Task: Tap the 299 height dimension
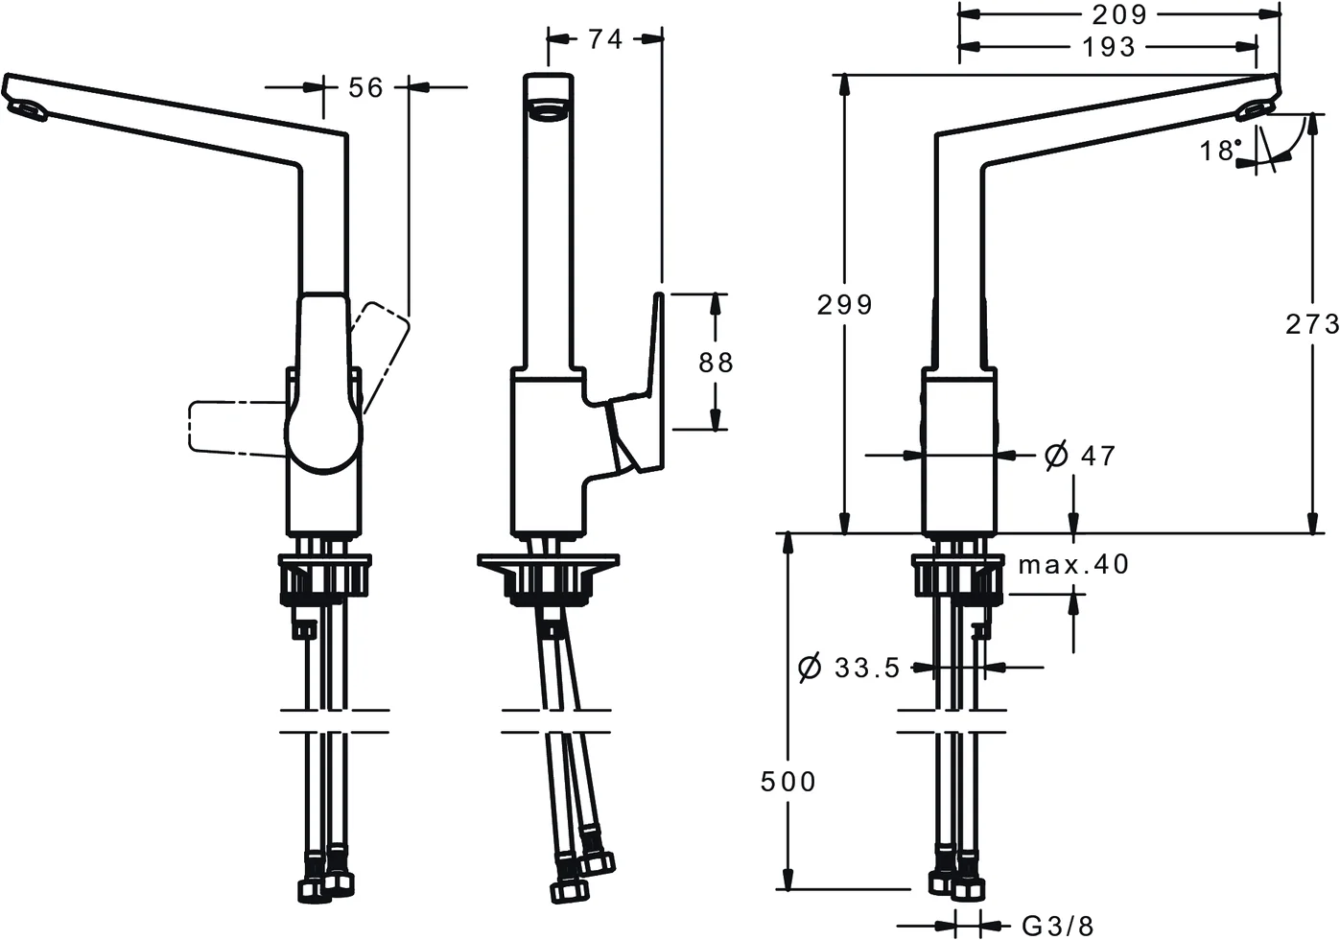pyautogui.click(x=844, y=304)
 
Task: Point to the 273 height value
pyautogui.click(x=1311, y=324)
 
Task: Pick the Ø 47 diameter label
pyautogui.click(x=1080, y=455)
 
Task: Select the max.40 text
pyautogui.click(x=1073, y=564)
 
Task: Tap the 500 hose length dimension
pyautogui.click(x=788, y=782)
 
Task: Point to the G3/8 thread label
pyautogui.click(x=1057, y=926)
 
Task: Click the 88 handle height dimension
pyautogui.click(x=716, y=362)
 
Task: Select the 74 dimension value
pyautogui.click(x=604, y=38)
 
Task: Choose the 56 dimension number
pyautogui.click(x=364, y=87)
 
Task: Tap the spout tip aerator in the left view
pyautogui.click(x=26, y=111)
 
